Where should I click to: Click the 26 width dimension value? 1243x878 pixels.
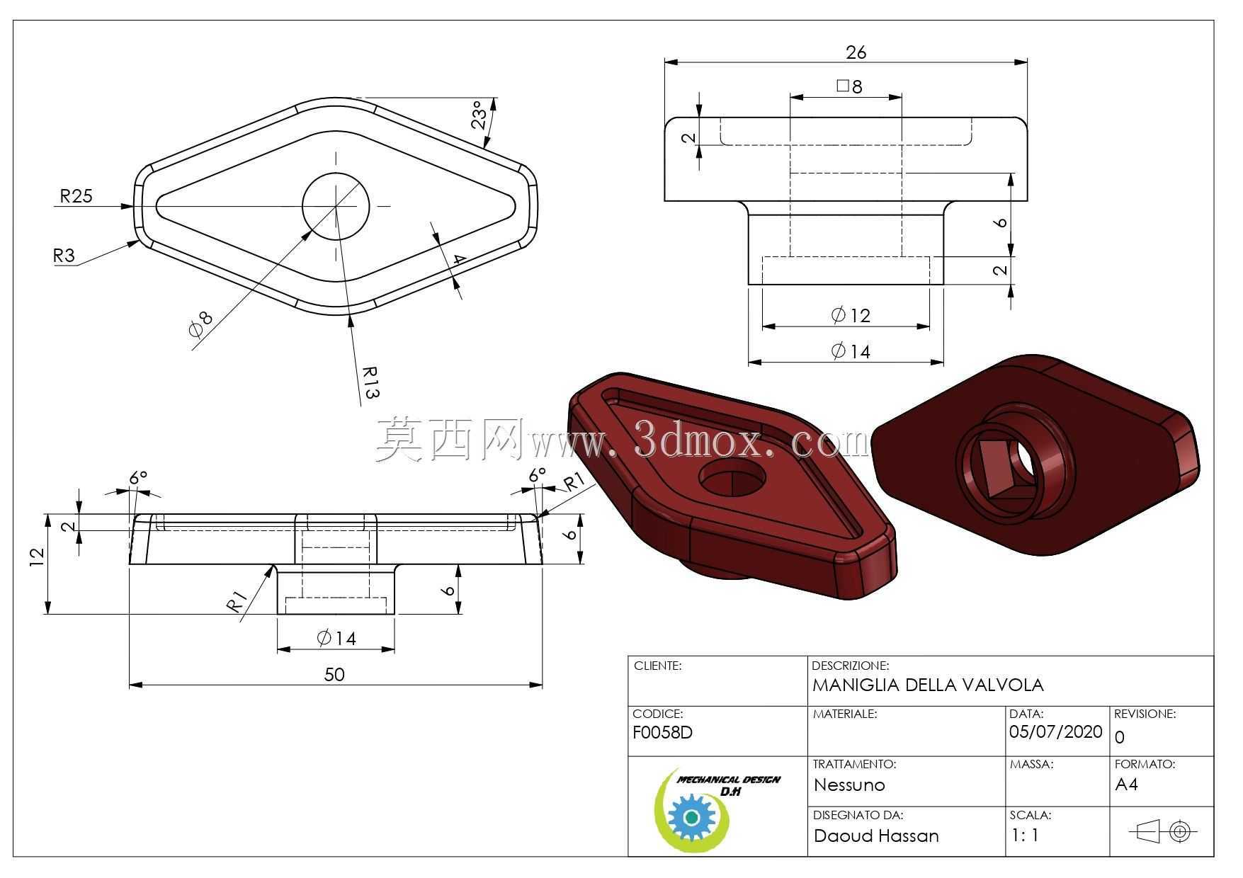pos(856,52)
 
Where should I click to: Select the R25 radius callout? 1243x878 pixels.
pos(76,195)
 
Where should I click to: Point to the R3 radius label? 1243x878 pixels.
pos(64,255)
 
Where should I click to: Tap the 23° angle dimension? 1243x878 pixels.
pos(481,115)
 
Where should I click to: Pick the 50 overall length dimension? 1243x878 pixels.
pos(334,674)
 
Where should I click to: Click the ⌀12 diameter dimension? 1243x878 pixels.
pos(851,315)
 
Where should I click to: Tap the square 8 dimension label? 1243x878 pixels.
pos(849,86)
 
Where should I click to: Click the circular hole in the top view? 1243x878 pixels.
pos(336,206)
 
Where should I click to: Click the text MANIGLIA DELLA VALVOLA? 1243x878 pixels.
pos(928,685)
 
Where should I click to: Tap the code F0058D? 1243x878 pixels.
pos(662,732)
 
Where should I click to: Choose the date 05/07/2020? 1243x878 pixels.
pos(1056,731)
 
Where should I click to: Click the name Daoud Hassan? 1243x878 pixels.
pos(876,836)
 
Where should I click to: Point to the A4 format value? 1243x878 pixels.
pos(1126,784)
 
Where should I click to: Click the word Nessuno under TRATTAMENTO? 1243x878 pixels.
pos(849,785)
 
